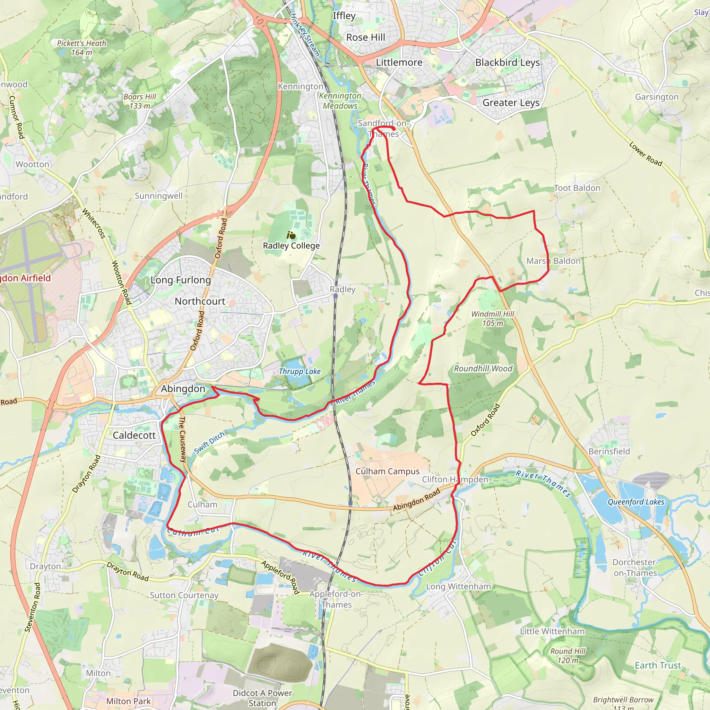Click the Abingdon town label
tap(183, 389)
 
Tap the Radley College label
tap(291, 245)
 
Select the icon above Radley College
tap(291, 235)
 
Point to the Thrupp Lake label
tap(300, 371)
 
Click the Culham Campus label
tap(387, 471)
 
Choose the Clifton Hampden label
tap(455, 479)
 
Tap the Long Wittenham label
tap(458, 587)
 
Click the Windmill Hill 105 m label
tap(493, 318)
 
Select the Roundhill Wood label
tap(483, 369)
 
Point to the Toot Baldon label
tap(577, 188)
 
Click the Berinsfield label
tap(609, 451)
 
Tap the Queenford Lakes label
tap(636, 502)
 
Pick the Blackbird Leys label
tap(508, 62)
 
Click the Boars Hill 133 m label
tap(140, 101)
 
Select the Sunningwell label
tap(158, 196)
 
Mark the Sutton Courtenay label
tap(184, 595)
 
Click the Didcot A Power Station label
tap(262, 698)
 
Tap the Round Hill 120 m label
tap(568, 656)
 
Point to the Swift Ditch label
tap(209, 443)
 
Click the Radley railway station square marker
tap(336, 295)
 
